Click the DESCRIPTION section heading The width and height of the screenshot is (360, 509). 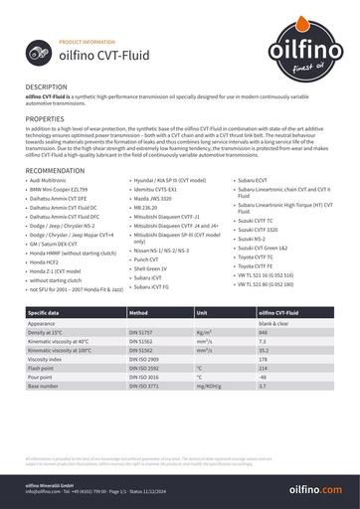[x=47, y=87]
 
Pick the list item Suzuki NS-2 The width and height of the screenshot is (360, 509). [x=252, y=240]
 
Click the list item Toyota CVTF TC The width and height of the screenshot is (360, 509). [x=255, y=256]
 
